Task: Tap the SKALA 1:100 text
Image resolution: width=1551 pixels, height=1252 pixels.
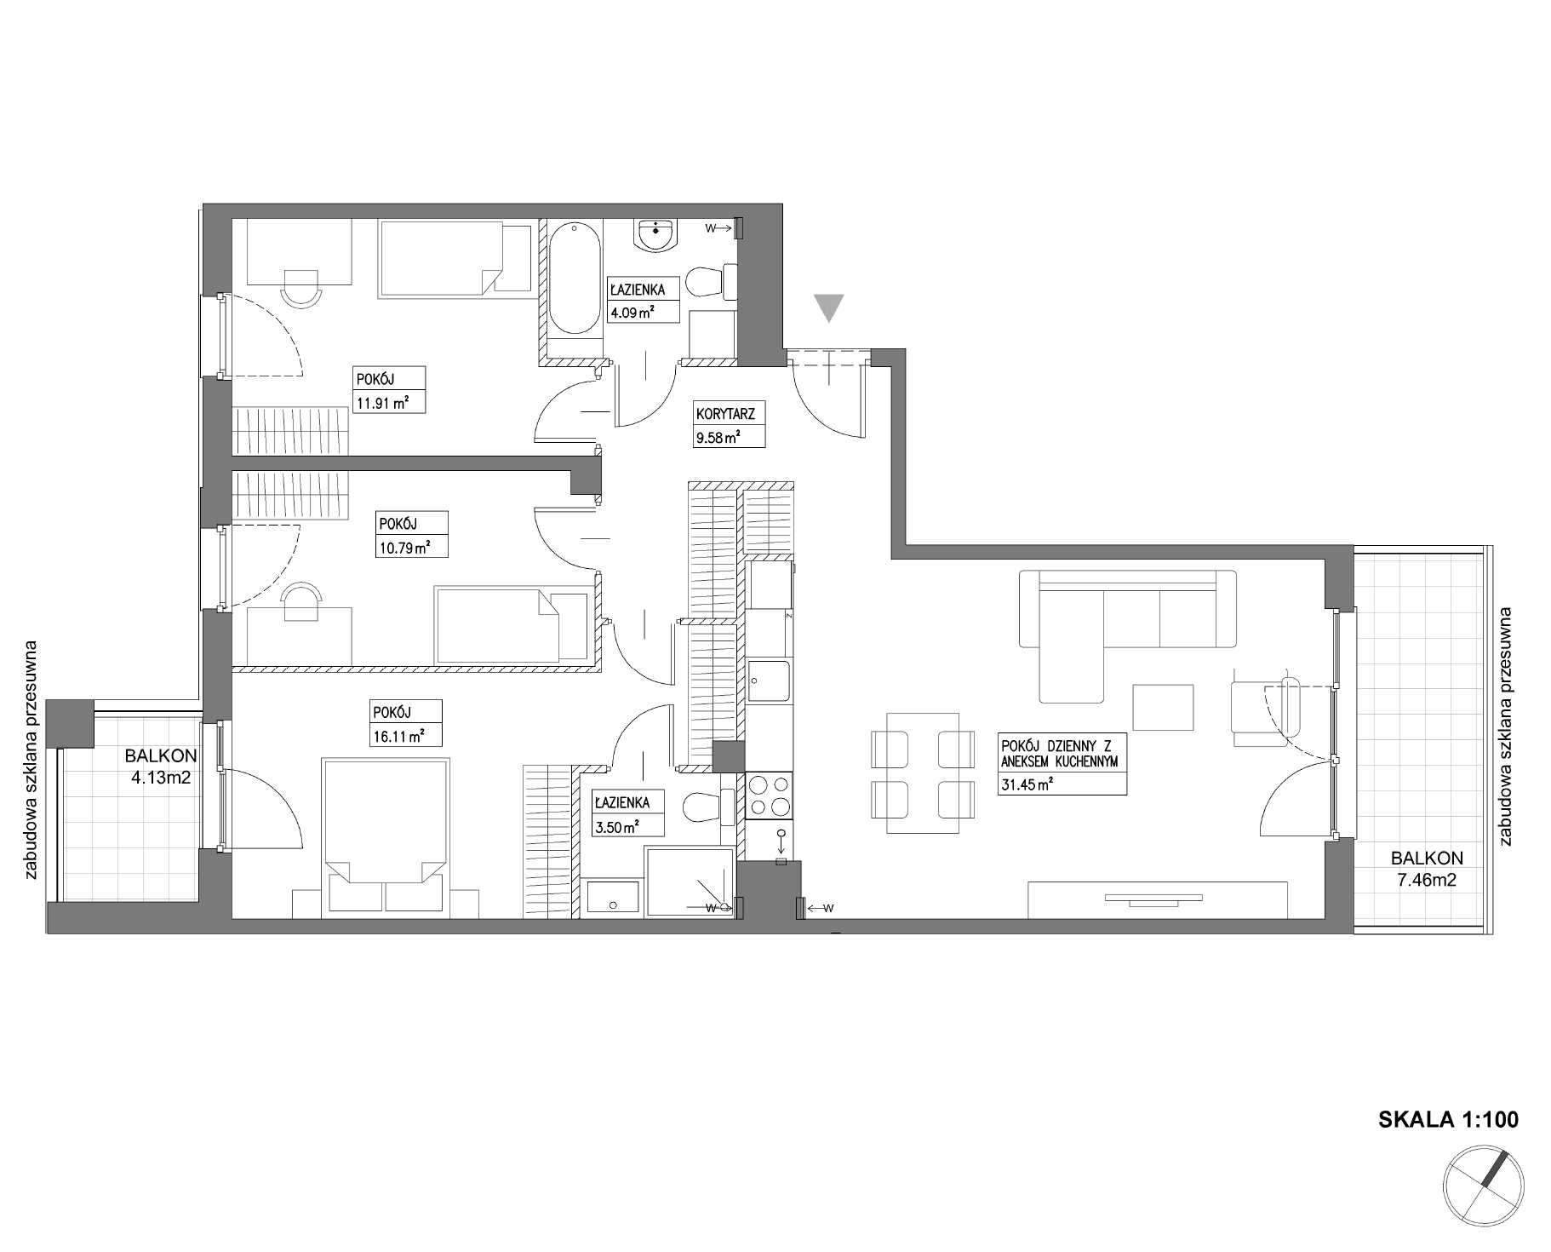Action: tap(1447, 1119)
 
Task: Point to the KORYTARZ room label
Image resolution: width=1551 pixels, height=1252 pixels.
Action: tap(725, 415)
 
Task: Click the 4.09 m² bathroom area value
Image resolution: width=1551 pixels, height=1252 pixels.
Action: tap(631, 312)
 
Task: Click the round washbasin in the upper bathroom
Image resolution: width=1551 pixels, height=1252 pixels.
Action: tap(656, 235)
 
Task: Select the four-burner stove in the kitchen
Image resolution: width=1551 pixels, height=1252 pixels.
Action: tap(768, 795)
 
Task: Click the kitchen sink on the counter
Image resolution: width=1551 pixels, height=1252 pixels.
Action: tap(768, 681)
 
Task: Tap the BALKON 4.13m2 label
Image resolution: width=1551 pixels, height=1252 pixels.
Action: tap(161, 765)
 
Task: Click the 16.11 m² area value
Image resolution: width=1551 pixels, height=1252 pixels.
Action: tap(398, 738)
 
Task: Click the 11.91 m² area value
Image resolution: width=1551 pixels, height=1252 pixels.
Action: tap(381, 404)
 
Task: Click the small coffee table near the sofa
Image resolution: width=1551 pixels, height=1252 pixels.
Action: tap(1162, 707)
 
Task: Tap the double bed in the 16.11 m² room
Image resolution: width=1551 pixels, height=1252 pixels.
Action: tap(386, 838)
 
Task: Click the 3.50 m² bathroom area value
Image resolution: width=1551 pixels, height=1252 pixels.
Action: tap(615, 824)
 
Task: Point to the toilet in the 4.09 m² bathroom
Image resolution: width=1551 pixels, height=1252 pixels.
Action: tap(711, 282)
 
